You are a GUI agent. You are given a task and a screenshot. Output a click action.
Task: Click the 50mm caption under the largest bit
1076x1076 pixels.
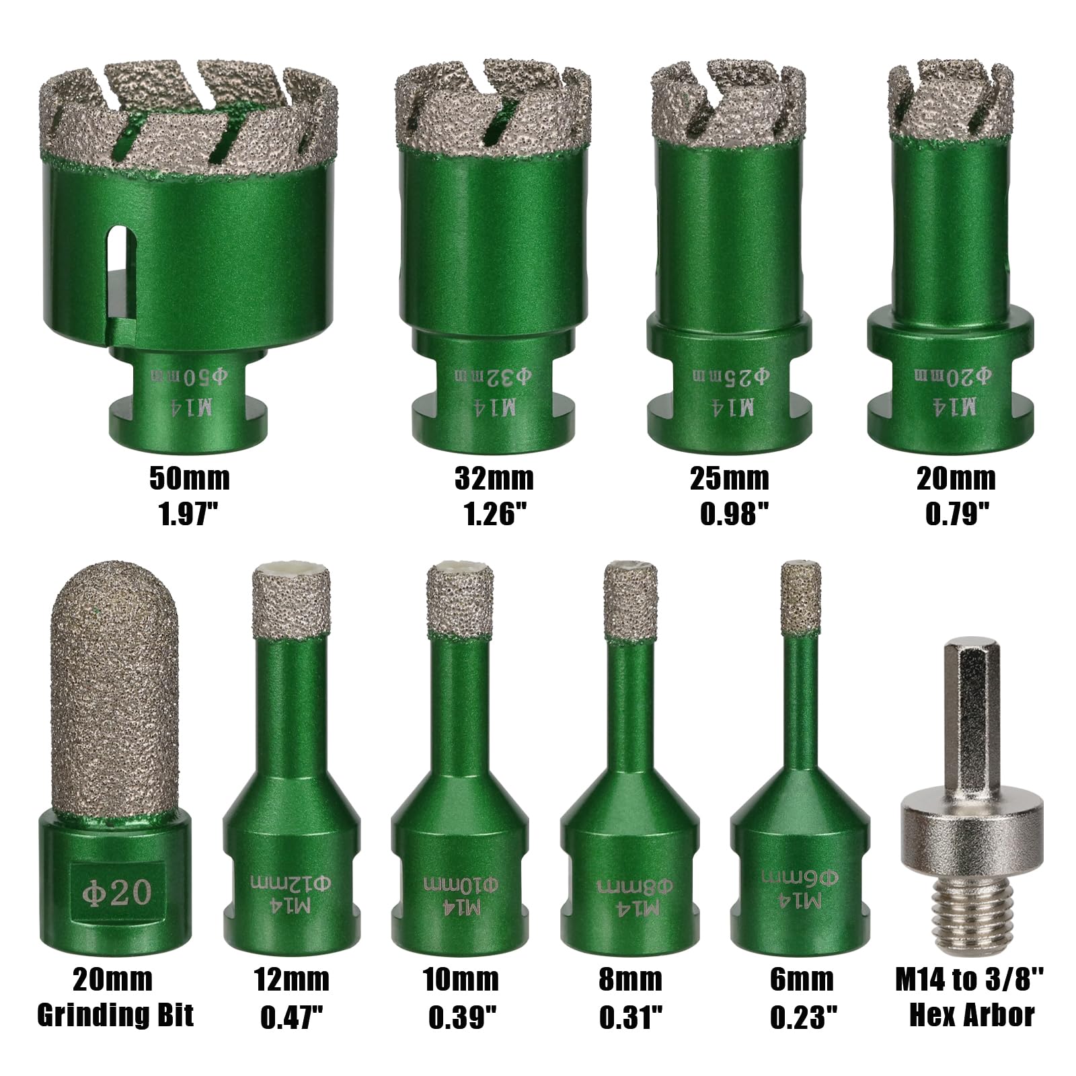coord(189,479)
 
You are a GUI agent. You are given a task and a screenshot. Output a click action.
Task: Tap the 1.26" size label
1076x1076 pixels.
coord(494,514)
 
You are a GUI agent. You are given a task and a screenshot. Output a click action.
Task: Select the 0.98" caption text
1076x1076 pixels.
coord(734,514)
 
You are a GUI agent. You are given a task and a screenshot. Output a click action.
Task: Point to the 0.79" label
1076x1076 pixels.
coord(958,514)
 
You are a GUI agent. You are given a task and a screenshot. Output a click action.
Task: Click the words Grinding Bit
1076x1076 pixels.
coord(115,1015)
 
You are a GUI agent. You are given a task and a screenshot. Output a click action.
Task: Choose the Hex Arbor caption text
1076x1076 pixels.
coord(972,1015)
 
